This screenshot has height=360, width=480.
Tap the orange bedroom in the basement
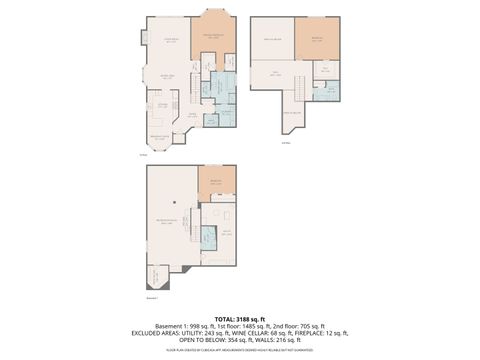coord(216,181)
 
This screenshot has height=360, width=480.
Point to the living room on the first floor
coord(169,41)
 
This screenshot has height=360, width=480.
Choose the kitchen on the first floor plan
coord(161,104)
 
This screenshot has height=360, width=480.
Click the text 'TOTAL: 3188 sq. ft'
coord(240,318)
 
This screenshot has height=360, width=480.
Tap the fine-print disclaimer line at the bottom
coord(240,350)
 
